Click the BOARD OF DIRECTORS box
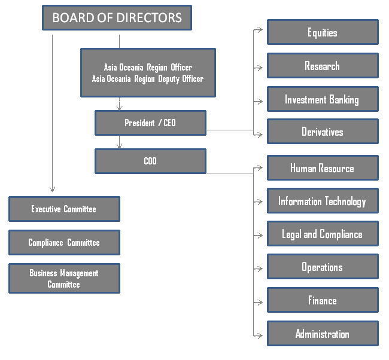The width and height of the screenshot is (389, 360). click(x=117, y=17)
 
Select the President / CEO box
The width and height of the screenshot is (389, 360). click(x=150, y=123)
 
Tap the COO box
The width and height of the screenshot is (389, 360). click(x=150, y=161)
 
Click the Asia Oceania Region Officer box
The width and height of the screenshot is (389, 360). click(x=148, y=73)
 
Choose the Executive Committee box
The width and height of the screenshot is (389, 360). click(x=64, y=209)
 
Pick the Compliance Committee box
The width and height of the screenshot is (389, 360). click(x=64, y=243)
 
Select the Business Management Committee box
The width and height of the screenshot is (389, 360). click(x=64, y=279)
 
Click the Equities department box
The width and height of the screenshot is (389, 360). click(x=323, y=32)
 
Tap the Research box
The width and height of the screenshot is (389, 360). click(x=323, y=66)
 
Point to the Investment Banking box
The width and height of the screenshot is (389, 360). click(x=323, y=99)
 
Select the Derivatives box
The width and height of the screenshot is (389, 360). click(x=323, y=132)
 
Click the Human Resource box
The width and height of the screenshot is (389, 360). click(x=323, y=168)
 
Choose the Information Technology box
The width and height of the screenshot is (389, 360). click(x=323, y=201)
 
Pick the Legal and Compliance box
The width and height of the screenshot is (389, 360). click(x=323, y=234)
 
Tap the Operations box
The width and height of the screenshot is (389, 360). click(x=323, y=267)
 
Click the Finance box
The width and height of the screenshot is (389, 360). click(x=323, y=300)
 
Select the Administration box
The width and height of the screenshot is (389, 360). click(x=323, y=334)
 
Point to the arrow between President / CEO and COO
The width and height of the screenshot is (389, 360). click(x=120, y=143)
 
